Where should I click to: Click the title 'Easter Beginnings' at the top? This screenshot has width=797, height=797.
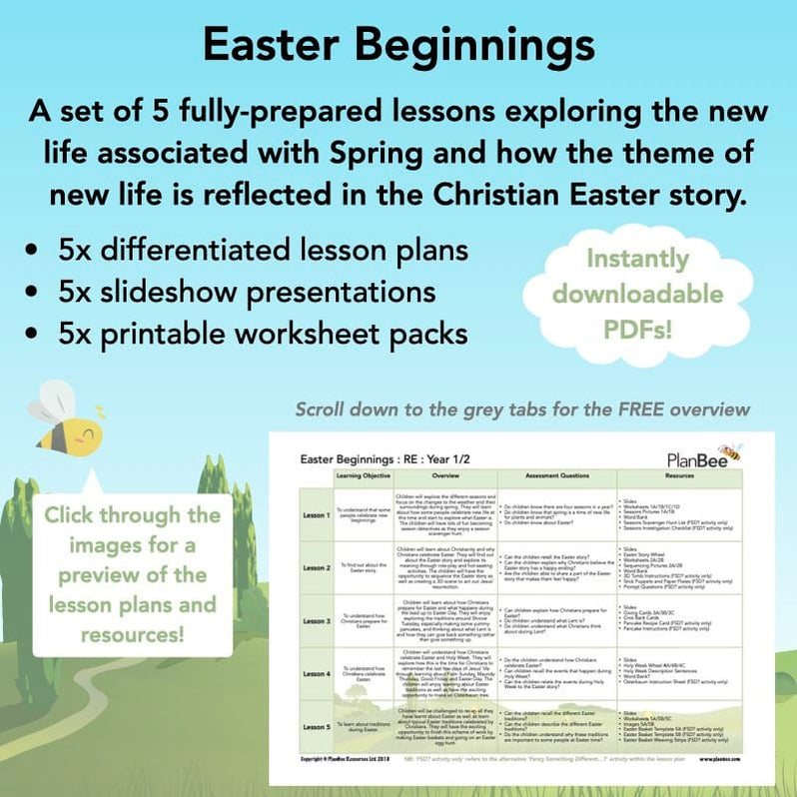point(398,45)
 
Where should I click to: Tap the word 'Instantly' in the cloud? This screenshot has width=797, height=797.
point(638,259)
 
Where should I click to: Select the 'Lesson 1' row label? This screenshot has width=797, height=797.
point(316,514)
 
